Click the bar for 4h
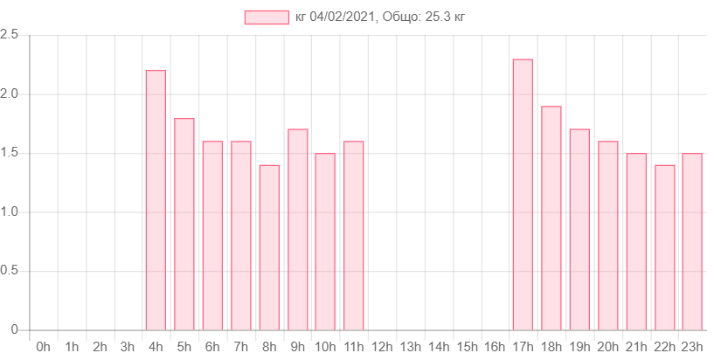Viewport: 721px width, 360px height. [156, 200]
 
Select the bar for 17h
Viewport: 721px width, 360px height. [523, 195]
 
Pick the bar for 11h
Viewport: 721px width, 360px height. [353, 235]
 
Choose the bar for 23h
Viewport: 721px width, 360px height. [692, 241]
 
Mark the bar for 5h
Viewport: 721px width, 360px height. [184, 224]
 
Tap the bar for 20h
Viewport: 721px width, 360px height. [607, 235]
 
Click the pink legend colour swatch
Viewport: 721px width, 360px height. [267, 17]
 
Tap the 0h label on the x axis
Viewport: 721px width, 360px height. [43, 347]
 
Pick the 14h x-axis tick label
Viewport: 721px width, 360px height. [438, 347]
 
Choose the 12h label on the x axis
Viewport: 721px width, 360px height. [381, 347]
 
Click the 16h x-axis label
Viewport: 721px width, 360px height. [495, 347]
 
